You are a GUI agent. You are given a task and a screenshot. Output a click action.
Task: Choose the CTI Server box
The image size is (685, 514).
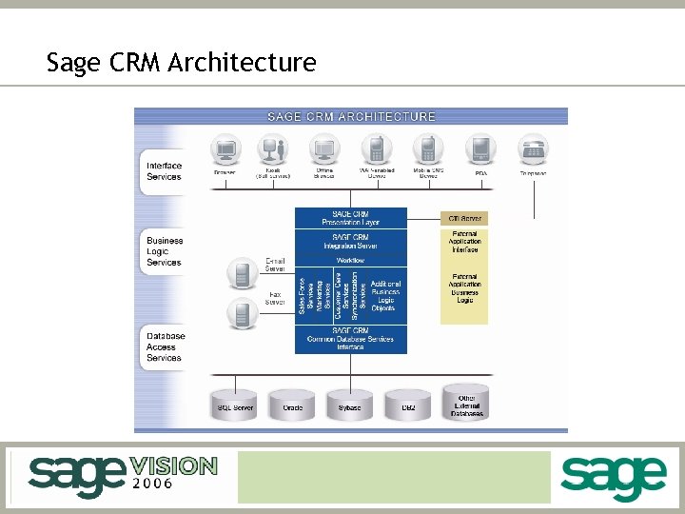pos(463,218)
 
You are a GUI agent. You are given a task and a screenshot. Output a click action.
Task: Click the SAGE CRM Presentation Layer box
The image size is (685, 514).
pos(350,218)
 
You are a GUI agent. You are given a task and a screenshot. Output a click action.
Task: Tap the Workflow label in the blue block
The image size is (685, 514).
pos(350,260)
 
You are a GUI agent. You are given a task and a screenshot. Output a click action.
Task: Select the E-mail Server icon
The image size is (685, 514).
pos(242,274)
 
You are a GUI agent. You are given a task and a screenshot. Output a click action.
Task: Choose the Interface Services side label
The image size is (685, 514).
pos(164,171)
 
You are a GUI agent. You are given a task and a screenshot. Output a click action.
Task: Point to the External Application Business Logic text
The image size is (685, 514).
pos(464,288)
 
